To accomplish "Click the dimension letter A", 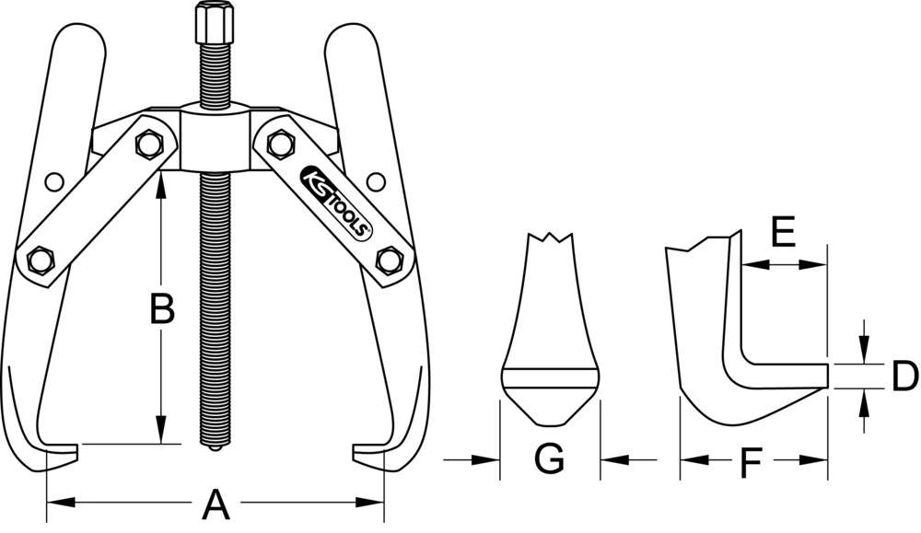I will click(x=215, y=504).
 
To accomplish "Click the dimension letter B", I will click(x=162, y=309).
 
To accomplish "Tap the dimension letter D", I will click(x=905, y=375).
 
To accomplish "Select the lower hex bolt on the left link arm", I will click(x=40, y=260).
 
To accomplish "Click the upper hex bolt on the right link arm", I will click(x=277, y=143).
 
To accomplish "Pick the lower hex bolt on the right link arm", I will click(x=389, y=260).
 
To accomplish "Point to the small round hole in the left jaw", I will click(x=54, y=180).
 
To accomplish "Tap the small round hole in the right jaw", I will click(x=374, y=180).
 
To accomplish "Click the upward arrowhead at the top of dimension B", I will click(x=162, y=180).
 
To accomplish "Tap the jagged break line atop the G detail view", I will click(x=551, y=241).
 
